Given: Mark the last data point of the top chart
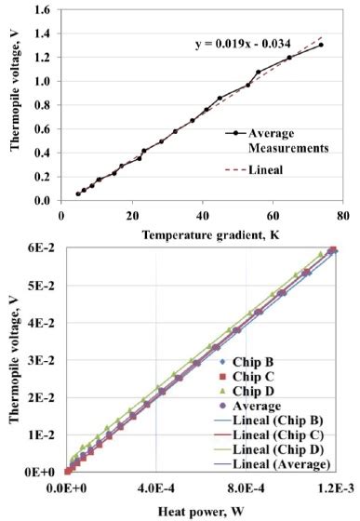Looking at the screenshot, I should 321,45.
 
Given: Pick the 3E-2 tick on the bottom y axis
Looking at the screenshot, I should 39,360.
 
